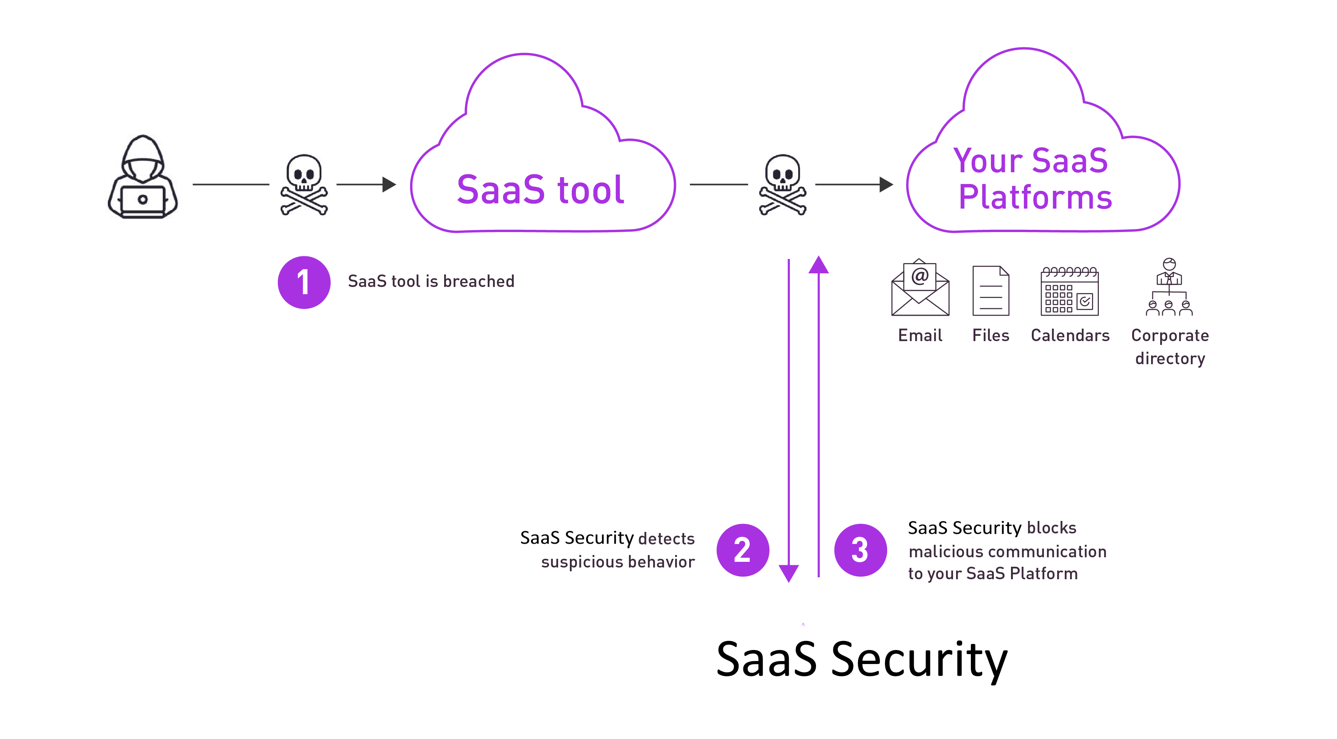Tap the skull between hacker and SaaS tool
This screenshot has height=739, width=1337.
304,184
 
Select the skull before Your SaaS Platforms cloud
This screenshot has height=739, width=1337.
783,184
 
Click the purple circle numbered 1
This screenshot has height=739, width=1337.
304,282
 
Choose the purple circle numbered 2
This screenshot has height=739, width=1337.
743,550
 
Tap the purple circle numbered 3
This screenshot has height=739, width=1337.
861,550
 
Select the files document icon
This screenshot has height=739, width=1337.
991,291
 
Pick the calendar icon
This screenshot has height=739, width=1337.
1070,291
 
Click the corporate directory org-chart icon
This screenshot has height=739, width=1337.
1169,287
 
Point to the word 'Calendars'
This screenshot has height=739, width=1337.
1070,336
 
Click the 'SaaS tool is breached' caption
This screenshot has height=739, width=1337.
431,281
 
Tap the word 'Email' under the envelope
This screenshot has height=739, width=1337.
920,336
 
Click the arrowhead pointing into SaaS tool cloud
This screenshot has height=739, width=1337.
389,184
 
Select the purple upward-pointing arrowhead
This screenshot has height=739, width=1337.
819,265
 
